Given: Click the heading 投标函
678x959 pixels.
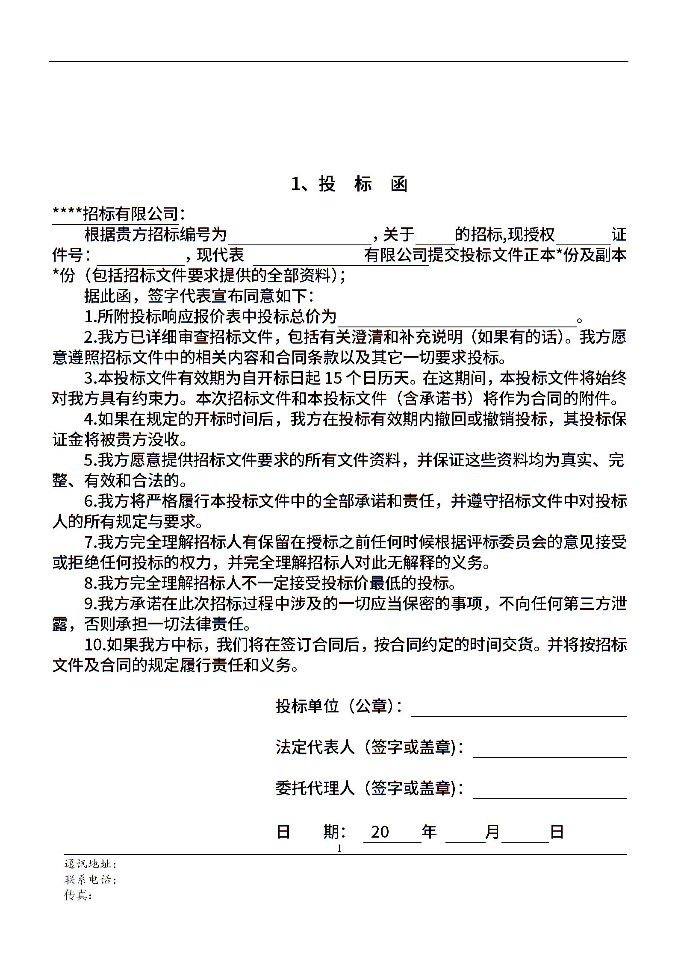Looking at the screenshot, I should (349, 184).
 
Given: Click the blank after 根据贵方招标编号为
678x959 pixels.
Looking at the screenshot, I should (299, 236).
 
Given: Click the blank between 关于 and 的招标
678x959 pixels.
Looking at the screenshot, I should (435, 236).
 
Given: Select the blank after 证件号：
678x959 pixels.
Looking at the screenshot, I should (140, 256).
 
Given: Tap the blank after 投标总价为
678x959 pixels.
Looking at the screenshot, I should (457, 318).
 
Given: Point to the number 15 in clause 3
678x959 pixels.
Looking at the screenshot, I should (334, 379).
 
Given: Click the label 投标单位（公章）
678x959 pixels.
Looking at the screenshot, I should (338, 706).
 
